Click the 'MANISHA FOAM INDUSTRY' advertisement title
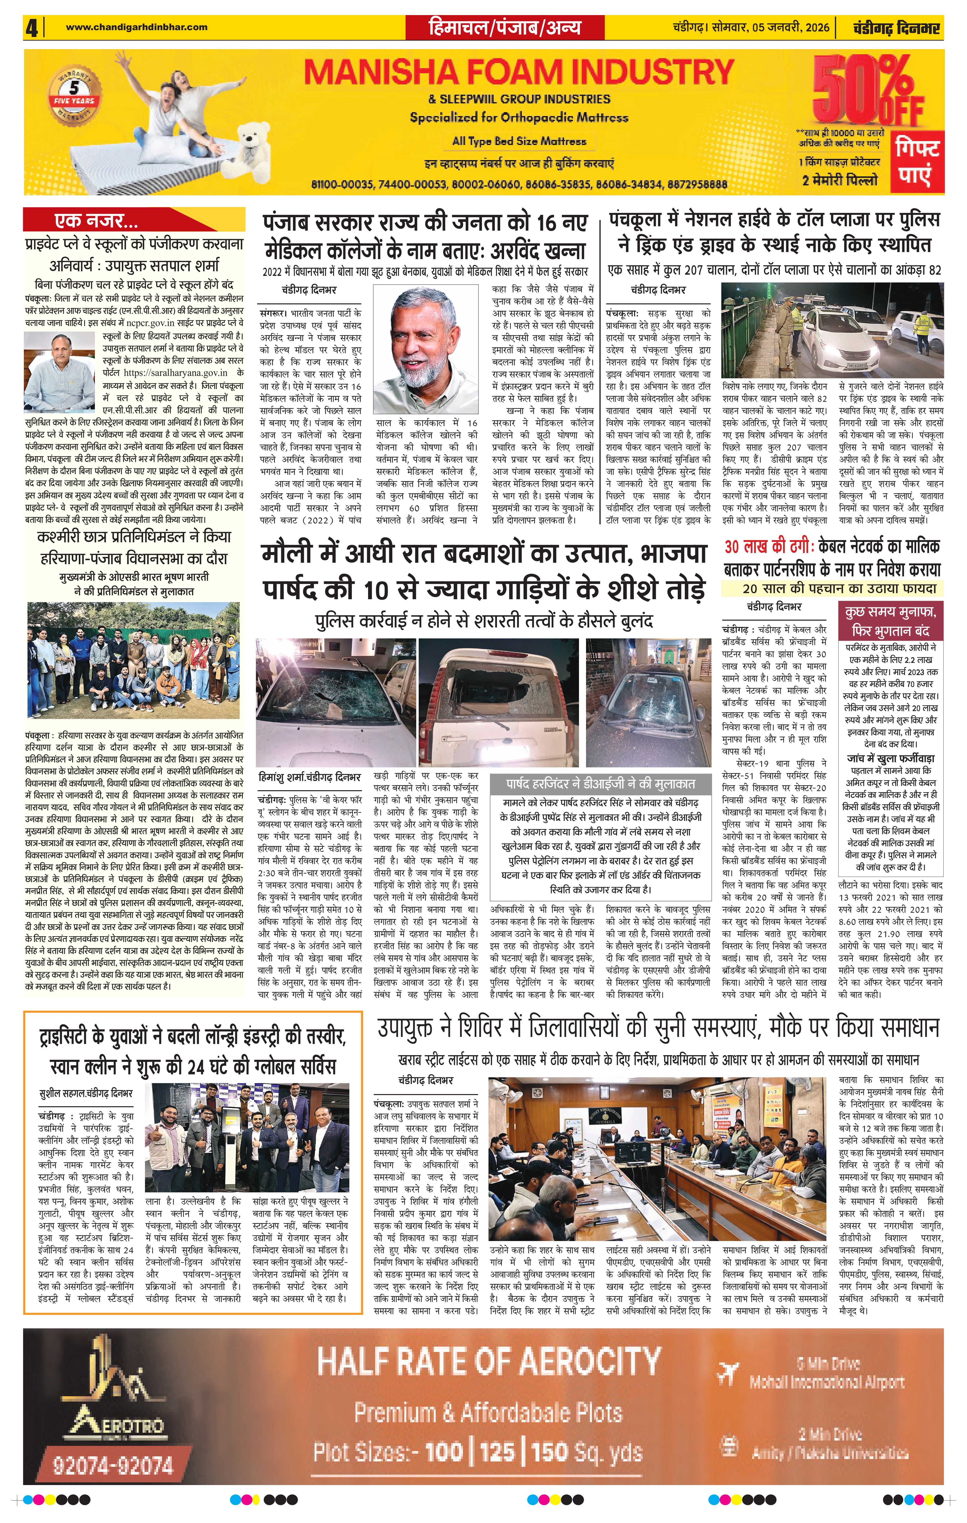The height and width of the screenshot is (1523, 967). click(x=519, y=73)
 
